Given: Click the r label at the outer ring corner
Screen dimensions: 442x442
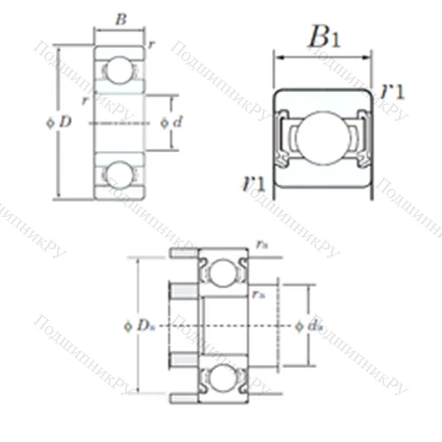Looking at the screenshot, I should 153,44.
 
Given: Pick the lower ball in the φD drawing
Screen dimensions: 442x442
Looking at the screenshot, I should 119,172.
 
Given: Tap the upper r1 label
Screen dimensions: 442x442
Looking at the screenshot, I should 393,91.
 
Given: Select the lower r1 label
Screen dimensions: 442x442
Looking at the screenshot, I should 255,183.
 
